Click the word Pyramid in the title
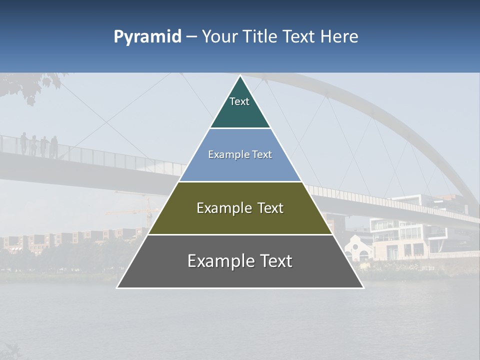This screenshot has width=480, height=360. pos(147,37)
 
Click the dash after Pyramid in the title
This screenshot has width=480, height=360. pos(191,37)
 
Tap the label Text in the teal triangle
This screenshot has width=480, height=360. pos(239,101)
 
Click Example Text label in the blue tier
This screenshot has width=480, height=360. pos(240,154)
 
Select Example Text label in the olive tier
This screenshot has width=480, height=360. pos(240,208)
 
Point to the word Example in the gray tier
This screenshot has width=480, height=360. pos(215,261)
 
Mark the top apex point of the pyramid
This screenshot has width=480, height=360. pos(240,76)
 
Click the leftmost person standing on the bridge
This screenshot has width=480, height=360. pos(23,142)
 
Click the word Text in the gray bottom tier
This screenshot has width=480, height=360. pos(272,261)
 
